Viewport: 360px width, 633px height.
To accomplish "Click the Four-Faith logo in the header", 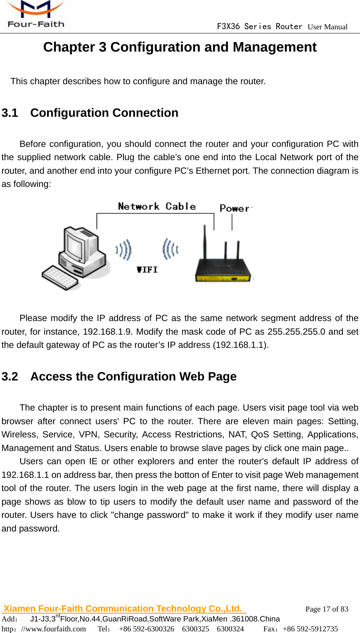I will coord(36,15).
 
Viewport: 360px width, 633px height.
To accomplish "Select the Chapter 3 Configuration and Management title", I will coord(180,47).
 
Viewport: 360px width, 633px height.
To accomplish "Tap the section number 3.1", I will coord(10,113).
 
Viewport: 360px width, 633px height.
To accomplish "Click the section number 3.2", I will coord(10,376).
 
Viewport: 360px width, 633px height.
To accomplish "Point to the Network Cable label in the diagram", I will coord(157,206).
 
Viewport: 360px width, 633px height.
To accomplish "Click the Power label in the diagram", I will coord(235,208).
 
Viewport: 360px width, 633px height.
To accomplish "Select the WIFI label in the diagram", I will coord(147,269).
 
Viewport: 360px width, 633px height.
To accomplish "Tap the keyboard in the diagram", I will coord(60,277).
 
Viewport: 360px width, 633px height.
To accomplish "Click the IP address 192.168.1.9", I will coord(108,332).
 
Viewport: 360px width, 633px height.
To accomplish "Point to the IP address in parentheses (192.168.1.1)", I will coord(240,345).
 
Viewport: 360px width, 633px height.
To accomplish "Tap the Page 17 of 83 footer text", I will coord(327,609).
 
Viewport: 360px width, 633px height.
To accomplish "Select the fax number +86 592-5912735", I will coord(310,629).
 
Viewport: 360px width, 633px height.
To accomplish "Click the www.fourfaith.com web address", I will coord(54,629).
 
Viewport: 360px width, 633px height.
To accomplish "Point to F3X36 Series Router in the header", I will coord(259,26).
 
